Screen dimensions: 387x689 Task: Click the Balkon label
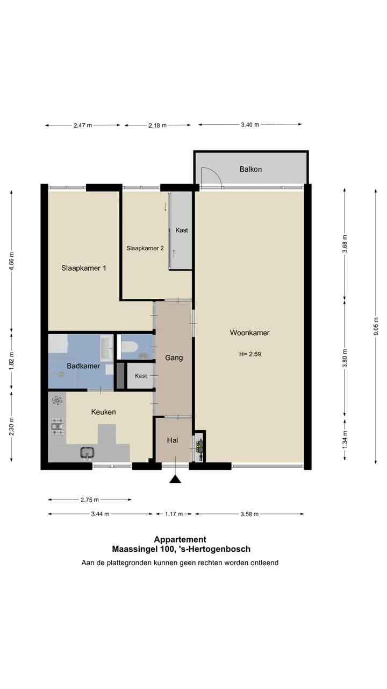(x=250, y=169)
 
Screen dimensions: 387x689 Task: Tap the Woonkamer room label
(x=250, y=333)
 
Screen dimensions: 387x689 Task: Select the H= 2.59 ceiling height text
(x=250, y=354)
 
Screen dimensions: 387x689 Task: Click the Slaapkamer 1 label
(x=83, y=268)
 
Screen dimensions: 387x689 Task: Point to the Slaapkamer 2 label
(x=145, y=248)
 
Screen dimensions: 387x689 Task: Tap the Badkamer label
(x=83, y=366)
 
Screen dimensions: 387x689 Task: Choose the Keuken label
(x=104, y=412)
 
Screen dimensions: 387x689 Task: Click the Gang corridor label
(x=174, y=358)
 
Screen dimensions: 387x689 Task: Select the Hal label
(x=173, y=440)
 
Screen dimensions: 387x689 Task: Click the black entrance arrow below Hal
(x=175, y=479)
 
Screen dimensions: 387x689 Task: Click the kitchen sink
(x=87, y=453)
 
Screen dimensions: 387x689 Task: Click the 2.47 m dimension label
(x=83, y=125)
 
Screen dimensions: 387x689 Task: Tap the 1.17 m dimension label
(x=174, y=514)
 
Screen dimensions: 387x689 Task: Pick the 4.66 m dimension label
(x=11, y=261)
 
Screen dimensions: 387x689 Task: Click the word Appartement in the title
(x=180, y=539)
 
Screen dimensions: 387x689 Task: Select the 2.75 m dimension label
(x=90, y=500)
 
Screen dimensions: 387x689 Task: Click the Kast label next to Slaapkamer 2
(x=182, y=230)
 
